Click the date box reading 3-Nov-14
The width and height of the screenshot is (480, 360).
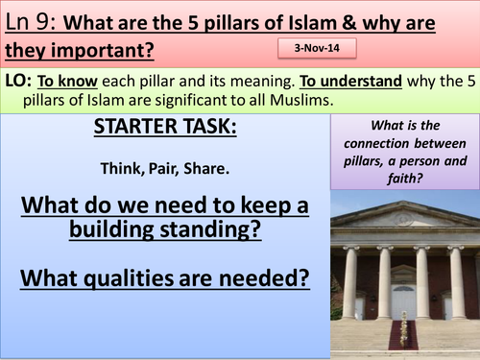click(x=317, y=48)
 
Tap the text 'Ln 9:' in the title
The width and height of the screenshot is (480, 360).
click(x=31, y=22)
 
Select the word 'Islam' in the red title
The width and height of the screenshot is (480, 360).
click(x=312, y=23)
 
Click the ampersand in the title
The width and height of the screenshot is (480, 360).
click(x=349, y=23)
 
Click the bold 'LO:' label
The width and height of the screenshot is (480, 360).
click(x=18, y=81)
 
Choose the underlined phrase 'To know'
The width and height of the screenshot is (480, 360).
click(x=67, y=81)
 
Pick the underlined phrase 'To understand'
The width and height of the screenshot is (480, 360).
click(x=350, y=81)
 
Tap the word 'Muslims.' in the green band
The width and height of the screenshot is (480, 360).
click(x=301, y=100)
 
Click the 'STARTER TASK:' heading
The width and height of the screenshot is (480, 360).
click(x=165, y=127)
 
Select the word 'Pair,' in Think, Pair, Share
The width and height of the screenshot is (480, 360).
click(x=163, y=169)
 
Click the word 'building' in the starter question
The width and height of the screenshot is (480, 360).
click(x=111, y=229)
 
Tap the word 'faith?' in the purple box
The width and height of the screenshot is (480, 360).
click(x=405, y=178)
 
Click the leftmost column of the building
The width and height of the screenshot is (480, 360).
click(x=349, y=282)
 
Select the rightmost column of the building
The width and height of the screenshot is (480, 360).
click(x=457, y=282)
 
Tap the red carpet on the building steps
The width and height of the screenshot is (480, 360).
click(x=402, y=334)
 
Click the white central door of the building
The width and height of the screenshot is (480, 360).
click(x=404, y=302)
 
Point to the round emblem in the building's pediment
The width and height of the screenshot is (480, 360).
click(x=403, y=220)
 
